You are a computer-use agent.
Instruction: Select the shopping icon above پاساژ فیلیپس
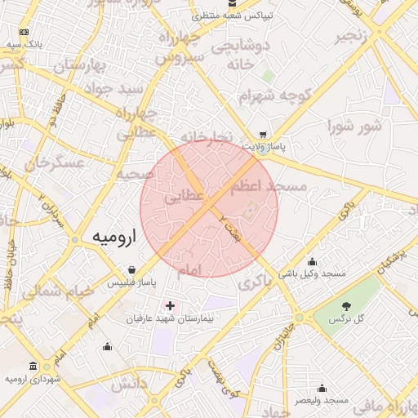point(132,269)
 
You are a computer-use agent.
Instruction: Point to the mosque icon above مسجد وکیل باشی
point(312,261)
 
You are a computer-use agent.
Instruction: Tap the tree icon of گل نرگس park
point(347,305)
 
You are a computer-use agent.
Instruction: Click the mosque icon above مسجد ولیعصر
point(322,389)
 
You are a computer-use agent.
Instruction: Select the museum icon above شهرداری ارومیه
point(32,366)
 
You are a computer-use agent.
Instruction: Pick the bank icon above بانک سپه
point(24,32)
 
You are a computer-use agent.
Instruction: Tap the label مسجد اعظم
point(268,187)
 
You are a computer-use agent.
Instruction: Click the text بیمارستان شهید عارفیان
point(168,318)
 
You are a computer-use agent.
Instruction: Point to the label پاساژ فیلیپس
point(131,282)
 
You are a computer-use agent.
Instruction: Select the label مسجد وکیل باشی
point(312,273)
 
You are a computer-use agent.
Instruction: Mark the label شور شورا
point(354,127)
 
